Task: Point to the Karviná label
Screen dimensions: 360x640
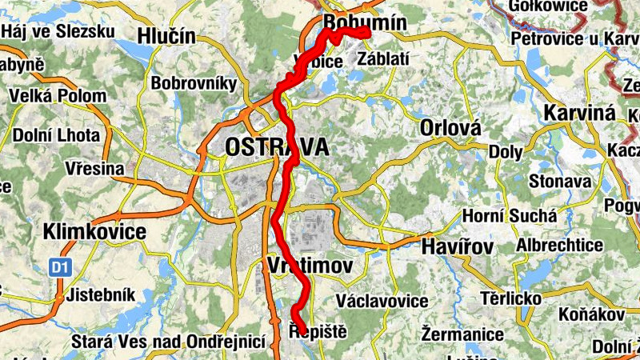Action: point(580,113)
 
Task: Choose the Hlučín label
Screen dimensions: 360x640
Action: point(166,35)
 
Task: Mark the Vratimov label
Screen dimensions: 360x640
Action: point(311,266)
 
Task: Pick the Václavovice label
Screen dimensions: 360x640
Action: point(382,301)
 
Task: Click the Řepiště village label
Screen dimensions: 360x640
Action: point(318,329)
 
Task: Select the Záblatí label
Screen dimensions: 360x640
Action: point(385,58)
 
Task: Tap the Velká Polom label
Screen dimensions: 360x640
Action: point(58,96)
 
